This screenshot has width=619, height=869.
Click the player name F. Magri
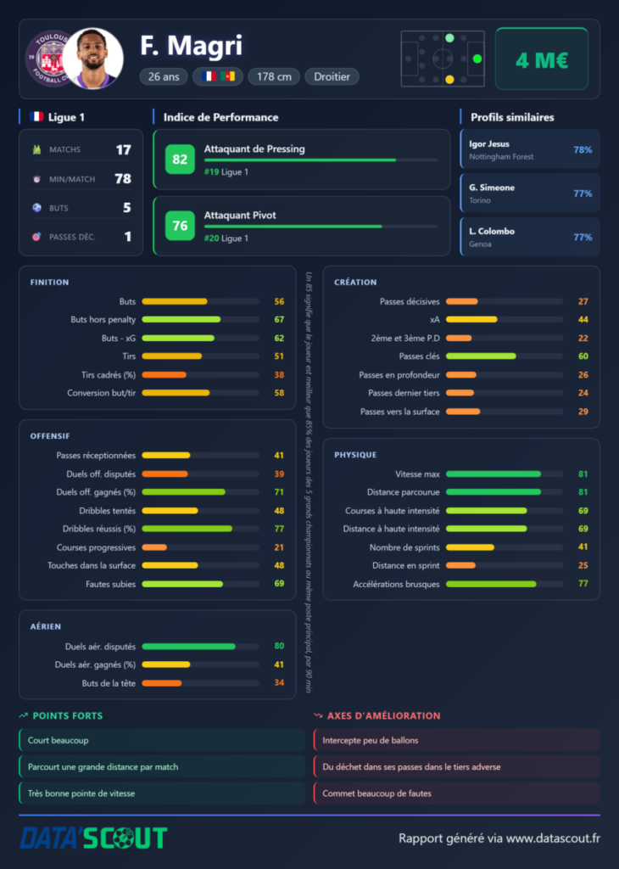(x=191, y=46)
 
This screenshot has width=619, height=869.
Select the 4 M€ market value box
(x=542, y=59)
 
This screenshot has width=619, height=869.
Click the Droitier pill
(x=332, y=76)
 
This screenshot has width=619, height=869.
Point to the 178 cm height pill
(x=274, y=76)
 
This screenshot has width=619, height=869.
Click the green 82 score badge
(x=180, y=160)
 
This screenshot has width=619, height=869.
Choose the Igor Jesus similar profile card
(x=530, y=149)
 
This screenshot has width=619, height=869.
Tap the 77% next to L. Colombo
(x=583, y=238)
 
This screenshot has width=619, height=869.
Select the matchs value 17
(x=124, y=149)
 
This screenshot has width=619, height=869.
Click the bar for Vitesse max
(x=494, y=474)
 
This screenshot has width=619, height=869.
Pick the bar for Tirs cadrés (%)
(x=164, y=374)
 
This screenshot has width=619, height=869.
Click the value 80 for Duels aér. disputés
(x=279, y=646)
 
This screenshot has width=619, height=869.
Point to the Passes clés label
(x=419, y=356)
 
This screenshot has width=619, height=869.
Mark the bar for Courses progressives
(x=154, y=547)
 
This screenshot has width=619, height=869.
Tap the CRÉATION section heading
(x=355, y=282)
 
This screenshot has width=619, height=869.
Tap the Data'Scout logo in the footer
(x=93, y=838)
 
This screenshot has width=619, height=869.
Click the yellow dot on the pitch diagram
(x=449, y=79)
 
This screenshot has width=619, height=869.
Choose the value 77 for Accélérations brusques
(x=583, y=584)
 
